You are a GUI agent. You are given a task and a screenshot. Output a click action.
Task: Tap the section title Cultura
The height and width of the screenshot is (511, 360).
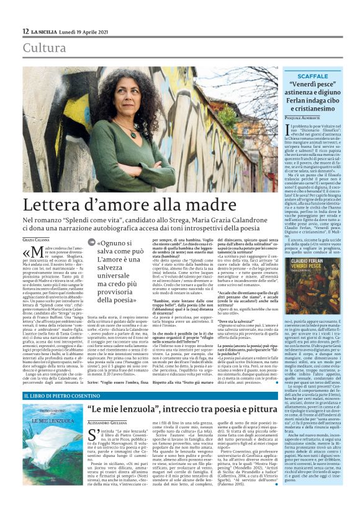click(x=45, y=48)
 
